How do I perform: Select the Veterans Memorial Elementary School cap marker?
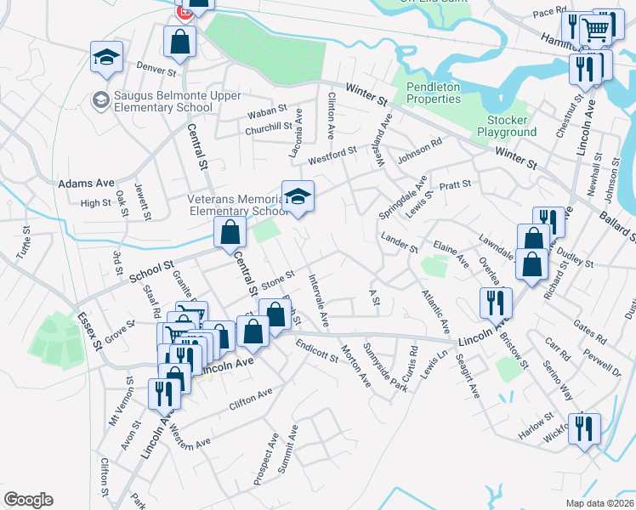[x=298, y=197]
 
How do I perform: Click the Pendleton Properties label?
[x=433, y=93]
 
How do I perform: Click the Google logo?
[x=28, y=499]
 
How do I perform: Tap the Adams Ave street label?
[x=86, y=183]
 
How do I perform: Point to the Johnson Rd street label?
[x=421, y=149]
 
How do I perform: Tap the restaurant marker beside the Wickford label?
[x=583, y=428]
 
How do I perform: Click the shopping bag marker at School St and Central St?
[x=230, y=231]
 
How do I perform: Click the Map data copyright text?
[x=600, y=502]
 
